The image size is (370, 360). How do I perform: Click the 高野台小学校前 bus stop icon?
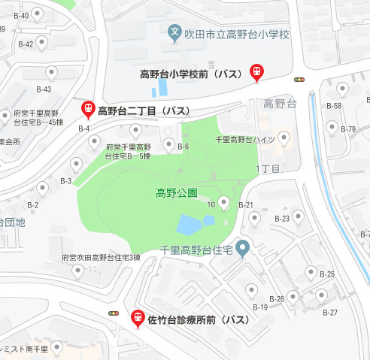[x=256, y=71]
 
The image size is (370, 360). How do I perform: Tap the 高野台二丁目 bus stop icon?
[x=88, y=109]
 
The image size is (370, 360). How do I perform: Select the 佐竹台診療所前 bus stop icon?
[x=138, y=318]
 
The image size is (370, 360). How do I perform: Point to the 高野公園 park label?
[x=176, y=193]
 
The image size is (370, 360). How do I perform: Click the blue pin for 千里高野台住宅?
[x=242, y=248]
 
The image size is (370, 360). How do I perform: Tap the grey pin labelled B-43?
[x=51, y=73]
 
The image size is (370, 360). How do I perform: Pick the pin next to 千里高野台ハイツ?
[x=284, y=138]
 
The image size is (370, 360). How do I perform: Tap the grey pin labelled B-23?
[x=298, y=216]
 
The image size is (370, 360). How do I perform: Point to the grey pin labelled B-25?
[x=310, y=272]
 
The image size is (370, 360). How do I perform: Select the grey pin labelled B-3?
[x=76, y=164]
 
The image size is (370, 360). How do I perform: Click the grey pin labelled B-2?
[x=53, y=188]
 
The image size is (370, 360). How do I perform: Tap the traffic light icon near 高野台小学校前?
[x=299, y=79]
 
